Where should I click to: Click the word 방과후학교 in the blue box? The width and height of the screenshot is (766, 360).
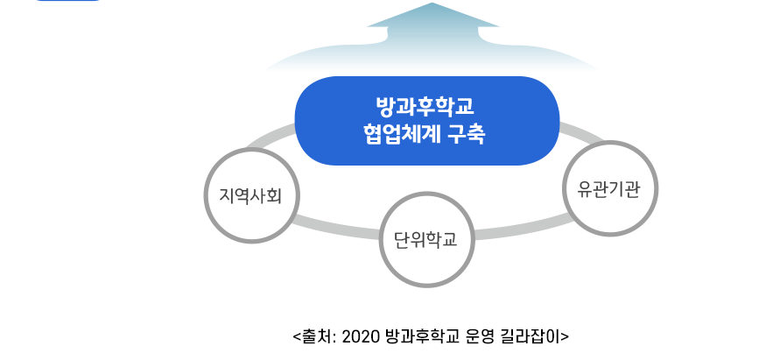pos(425,108)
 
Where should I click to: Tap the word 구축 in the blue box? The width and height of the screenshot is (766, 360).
pos(466,136)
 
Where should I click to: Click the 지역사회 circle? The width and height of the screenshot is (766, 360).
pos(253,194)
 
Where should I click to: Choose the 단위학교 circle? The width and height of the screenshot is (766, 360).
pos(426,238)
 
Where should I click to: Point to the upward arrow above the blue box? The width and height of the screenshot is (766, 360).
pos(432,35)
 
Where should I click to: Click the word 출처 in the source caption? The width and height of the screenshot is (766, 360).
pos(314,335)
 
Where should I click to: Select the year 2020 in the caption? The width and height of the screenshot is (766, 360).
pos(359,335)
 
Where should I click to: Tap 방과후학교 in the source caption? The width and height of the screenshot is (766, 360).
pos(420,335)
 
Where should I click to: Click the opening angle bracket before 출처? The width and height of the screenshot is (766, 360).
pos(296,336)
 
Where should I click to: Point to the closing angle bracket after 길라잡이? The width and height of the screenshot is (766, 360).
pos(566,336)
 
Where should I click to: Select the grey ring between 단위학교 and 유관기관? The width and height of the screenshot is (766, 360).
pos(517,227)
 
